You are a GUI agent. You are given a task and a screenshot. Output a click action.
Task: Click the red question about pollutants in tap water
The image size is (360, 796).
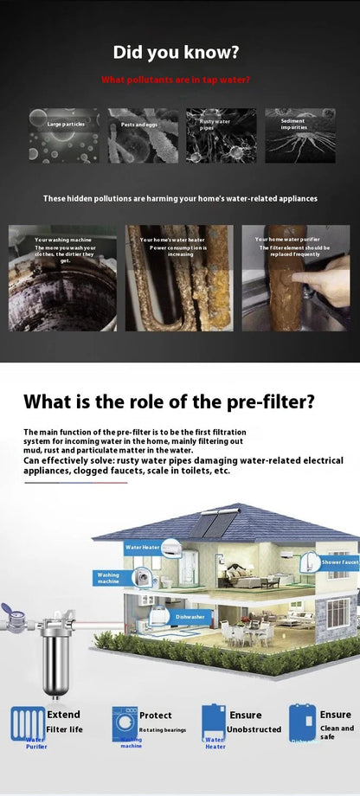pyautogui.click(x=176, y=80)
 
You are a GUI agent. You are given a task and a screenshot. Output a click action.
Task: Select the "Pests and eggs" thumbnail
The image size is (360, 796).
pyautogui.click(x=143, y=135)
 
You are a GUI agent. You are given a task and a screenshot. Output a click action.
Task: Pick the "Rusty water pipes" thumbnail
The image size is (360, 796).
pyautogui.click(x=221, y=135)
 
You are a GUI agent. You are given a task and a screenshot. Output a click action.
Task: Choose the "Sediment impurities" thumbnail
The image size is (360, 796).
pyautogui.click(x=299, y=135)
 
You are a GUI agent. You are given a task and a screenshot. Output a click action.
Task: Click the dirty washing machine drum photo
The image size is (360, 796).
pyautogui.click(x=62, y=290)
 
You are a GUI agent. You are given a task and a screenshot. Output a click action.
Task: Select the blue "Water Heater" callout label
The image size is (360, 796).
pyautogui.click(x=142, y=547)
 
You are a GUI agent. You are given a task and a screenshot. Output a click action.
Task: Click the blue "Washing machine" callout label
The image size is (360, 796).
pyautogui.click(x=109, y=577)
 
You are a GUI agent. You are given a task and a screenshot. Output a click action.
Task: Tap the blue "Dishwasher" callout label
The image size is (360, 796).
pyautogui.click(x=190, y=616)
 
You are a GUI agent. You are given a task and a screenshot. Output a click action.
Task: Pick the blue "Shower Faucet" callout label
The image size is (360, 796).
pyautogui.click(x=339, y=562)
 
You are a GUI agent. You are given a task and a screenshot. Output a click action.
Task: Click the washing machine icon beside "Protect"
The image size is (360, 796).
pyautogui.click(x=124, y=722)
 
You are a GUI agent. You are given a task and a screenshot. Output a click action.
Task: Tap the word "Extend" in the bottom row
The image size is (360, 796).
pyautogui.click(x=63, y=715)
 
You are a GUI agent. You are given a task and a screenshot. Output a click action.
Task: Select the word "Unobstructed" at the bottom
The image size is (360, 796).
pyautogui.click(x=254, y=729)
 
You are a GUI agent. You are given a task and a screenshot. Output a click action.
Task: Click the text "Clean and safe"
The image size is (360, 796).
pyautogui.click(x=337, y=732)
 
